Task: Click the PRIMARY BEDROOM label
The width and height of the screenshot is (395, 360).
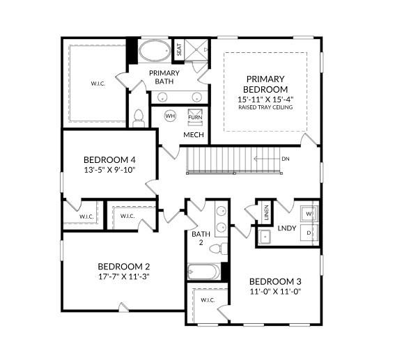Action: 265,84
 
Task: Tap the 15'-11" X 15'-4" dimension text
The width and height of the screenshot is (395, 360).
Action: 265,100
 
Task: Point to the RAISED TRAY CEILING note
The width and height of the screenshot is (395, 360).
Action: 265,108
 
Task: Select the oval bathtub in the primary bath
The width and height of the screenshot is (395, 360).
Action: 153,52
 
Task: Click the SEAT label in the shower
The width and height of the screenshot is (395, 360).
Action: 178,49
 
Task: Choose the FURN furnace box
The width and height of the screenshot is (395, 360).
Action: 195,116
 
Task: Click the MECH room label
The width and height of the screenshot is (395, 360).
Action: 193,134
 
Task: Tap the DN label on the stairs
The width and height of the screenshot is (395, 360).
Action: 285,159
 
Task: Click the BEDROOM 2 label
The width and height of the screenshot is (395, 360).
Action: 123,267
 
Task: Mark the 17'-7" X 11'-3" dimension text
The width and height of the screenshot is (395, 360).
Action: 123,276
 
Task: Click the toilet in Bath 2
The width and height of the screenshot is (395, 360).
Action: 217,248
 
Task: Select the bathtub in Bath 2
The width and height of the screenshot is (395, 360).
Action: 204,271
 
